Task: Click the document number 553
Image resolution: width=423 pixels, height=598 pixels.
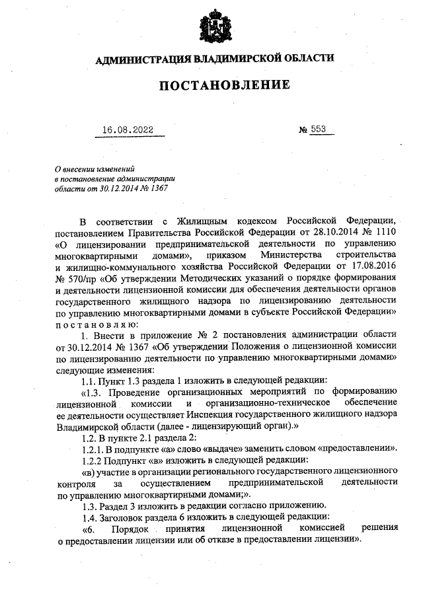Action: (319, 130)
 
